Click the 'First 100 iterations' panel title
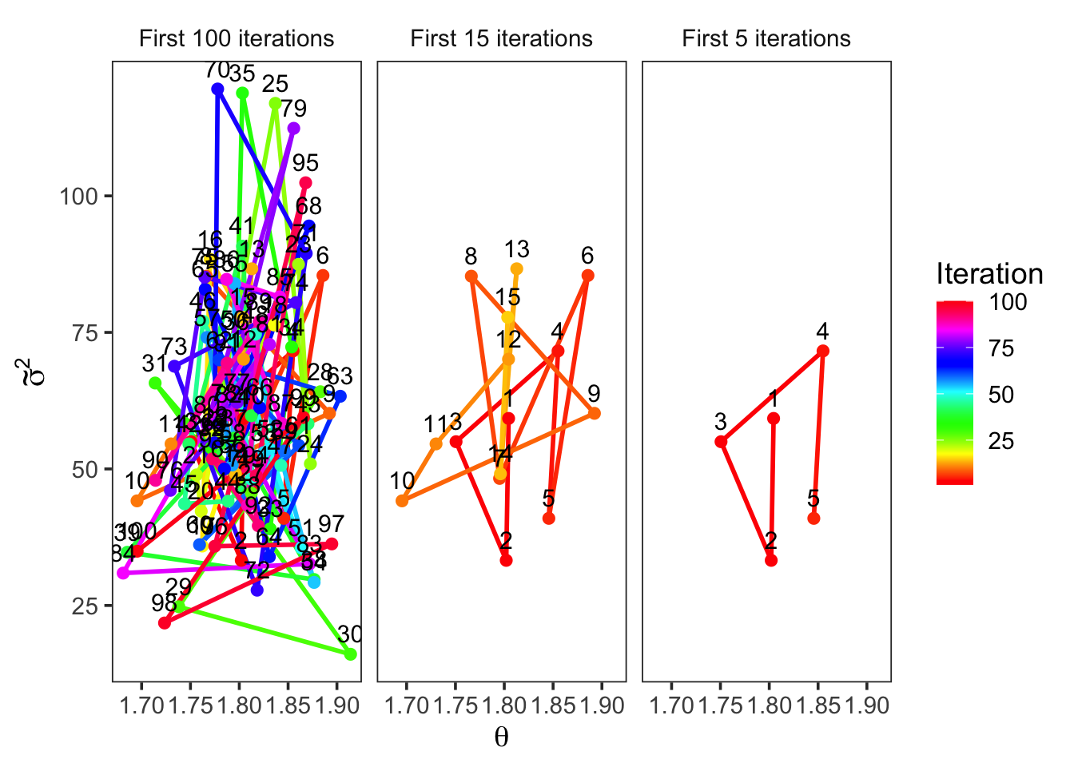pyautogui.click(x=237, y=38)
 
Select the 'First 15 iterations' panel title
pyautogui.click(x=501, y=38)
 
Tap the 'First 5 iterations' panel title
pyautogui.click(x=766, y=38)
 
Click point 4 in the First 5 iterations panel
pyautogui.click(x=823, y=351)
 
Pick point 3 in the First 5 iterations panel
pyautogui.click(x=721, y=442)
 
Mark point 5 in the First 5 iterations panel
pyautogui.click(x=813, y=519)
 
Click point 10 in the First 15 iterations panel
pyautogui.click(x=402, y=501)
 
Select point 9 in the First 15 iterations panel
pyautogui.click(x=595, y=413)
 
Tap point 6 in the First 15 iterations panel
pyautogui.click(x=588, y=276)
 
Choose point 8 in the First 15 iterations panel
pyautogui.click(x=471, y=276)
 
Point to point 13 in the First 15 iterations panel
pyautogui.click(x=517, y=268)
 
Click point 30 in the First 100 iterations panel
pyautogui.click(x=350, y=654)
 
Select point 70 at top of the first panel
pyautogui.click(x=217, y=89)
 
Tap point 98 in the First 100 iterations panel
pyautogui.click(x=165, y=623)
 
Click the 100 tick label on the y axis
pyautogui.click(x=78, y=196)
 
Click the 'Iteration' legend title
pyautogui.click(x=989, y=274)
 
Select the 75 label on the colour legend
pyautogui.click(x=1001, y=348)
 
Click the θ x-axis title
pyautogui.click(x=501, y=737)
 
